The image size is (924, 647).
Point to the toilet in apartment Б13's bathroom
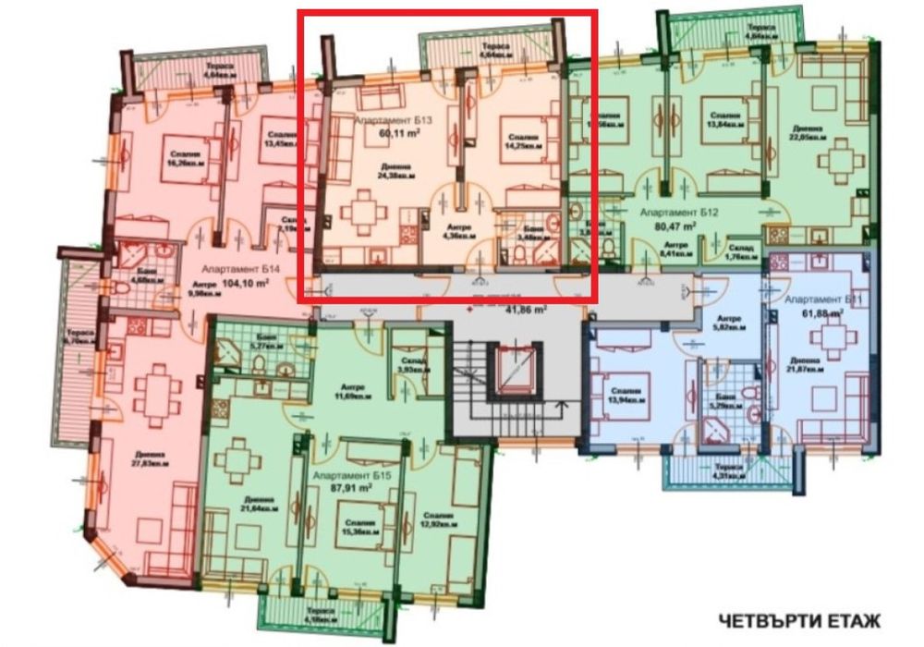pos(552,225)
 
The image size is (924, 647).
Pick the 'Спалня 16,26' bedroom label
pos(183,158)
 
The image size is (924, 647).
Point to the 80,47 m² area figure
pos(678,225)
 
